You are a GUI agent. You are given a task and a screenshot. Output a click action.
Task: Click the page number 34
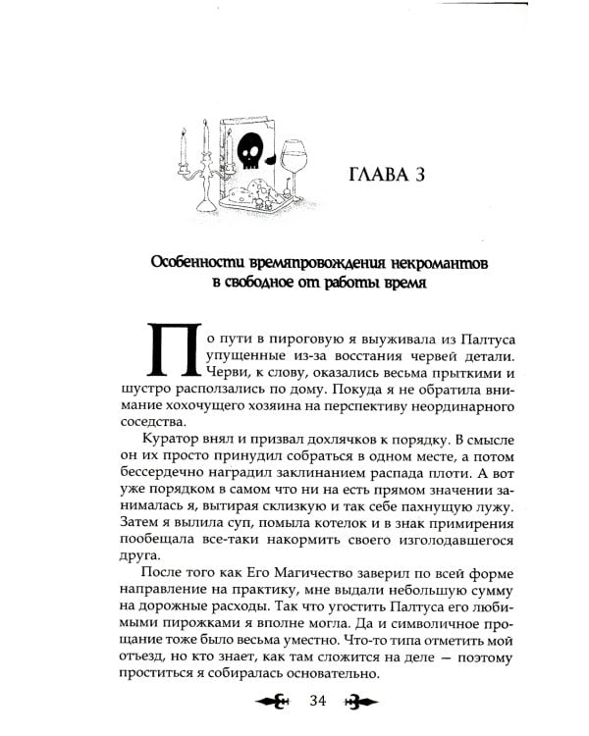tap(316, 699)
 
